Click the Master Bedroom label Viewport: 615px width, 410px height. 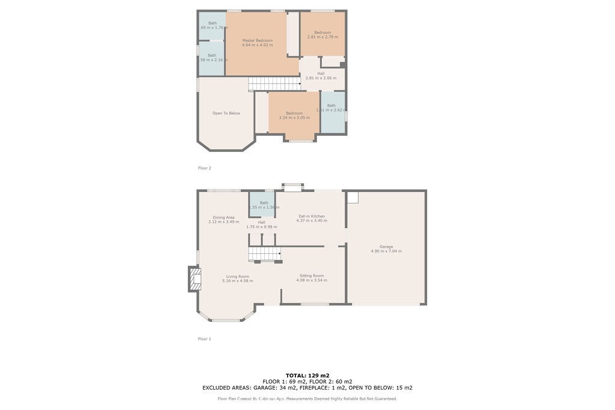pos(257,40)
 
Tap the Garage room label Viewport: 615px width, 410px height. pos(386,247)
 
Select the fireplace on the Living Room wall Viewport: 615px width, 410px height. pos(194,279)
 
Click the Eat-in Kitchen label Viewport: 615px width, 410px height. pos(312,216)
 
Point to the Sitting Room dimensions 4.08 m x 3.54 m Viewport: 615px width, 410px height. pos(312,280)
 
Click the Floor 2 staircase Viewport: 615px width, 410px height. pos(274,83)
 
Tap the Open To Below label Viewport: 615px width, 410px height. pos(226,113)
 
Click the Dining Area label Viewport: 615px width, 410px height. pos(223,217)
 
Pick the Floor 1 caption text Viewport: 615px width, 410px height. pos(205,339)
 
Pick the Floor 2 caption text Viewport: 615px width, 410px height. pos(205,168)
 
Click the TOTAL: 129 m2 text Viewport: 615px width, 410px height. pos(307,375)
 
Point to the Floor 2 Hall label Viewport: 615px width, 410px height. pos(321,73)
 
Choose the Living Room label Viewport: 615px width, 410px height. pos(237,276)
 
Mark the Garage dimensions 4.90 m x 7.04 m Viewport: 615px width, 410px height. pos(386,252)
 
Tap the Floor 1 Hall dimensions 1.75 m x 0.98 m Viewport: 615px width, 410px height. pos(261,227)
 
